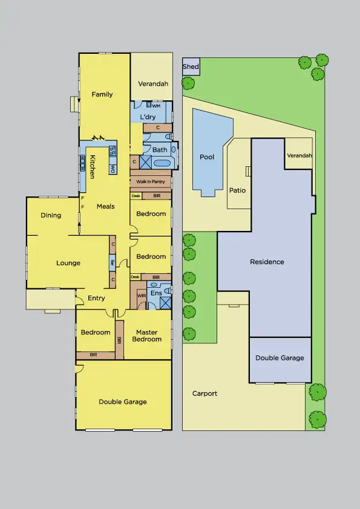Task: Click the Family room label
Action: [102, 94]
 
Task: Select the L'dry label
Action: [148, 117]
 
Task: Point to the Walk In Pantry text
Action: [150, 181]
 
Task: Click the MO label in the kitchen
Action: [113, 169]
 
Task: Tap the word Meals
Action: [105, 207]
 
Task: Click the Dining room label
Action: [51, 215]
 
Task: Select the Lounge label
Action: [68, 263]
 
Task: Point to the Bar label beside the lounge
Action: [113, 263]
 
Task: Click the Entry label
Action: [96, 298]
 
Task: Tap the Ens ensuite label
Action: [155, 293]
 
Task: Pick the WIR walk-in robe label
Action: [141, 296]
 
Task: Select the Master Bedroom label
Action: [147, 336]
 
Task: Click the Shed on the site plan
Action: [191, 66]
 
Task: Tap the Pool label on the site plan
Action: [207, 157]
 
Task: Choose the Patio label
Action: [238, 190]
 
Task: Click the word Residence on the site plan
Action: [267, 262]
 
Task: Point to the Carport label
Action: [205, 394]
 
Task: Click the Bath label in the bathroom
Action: [160, 150]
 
